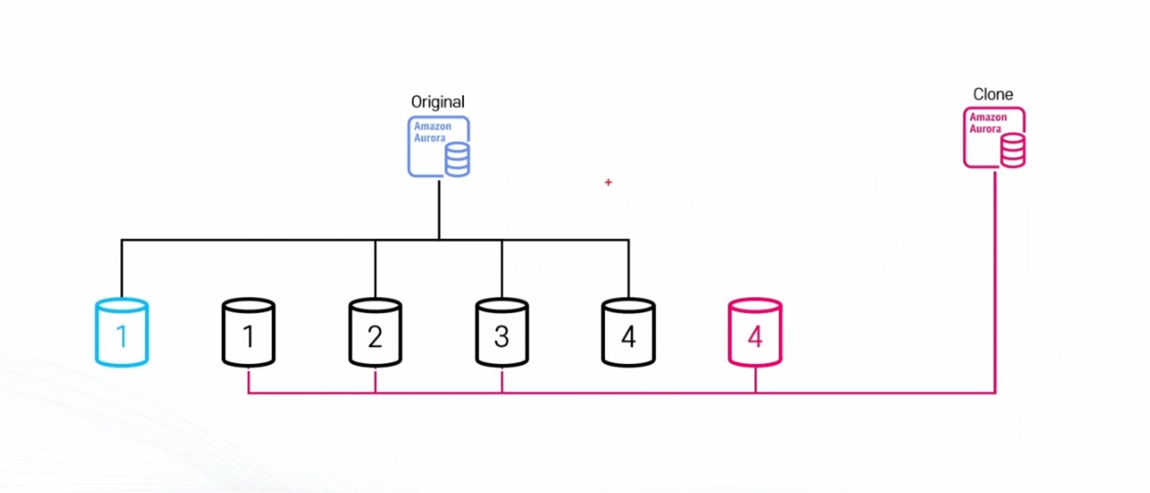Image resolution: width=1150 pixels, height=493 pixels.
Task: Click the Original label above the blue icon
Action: pos(437,102)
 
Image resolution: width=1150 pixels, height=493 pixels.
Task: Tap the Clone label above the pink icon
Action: pos(992,95)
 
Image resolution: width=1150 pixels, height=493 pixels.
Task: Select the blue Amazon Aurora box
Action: pos(438,146)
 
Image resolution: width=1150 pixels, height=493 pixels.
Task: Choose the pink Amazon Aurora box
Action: pos(994,138)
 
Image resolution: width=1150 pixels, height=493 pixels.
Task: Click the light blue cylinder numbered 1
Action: pos(121,333)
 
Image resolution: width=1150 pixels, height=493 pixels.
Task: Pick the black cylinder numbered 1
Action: pos(249,333)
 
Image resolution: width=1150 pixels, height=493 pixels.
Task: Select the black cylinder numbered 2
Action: pos(375,333)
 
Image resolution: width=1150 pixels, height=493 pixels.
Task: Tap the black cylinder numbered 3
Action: pos(502,333)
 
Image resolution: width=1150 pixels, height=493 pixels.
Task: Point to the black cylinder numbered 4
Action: pos(628,333)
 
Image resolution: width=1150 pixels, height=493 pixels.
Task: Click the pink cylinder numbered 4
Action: pos(755,333)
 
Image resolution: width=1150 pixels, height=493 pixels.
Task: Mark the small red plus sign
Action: pos(608,182)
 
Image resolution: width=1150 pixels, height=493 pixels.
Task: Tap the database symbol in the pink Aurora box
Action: pos(1012,151)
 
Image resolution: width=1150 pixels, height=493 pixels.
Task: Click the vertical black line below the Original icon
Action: pos(438,207)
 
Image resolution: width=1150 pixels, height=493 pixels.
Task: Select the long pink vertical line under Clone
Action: pos(995,284)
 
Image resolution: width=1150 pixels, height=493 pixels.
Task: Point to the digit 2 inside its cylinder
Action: pos(375,337)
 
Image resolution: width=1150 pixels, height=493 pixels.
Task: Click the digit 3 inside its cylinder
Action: pos(502,337)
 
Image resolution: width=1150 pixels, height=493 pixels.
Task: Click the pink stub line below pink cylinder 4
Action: pos(755,380)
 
